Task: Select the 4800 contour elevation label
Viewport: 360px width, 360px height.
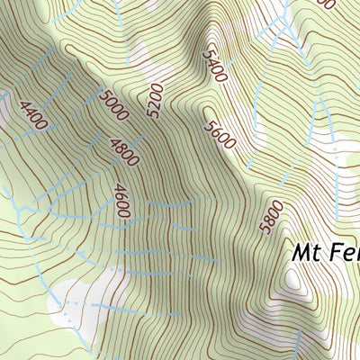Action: pos(123,151)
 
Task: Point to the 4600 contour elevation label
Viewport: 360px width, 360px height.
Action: pos(122,201)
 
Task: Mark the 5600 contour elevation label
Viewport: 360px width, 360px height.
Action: pos(220,139)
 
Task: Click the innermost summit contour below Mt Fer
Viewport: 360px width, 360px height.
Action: pos(292,281)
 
